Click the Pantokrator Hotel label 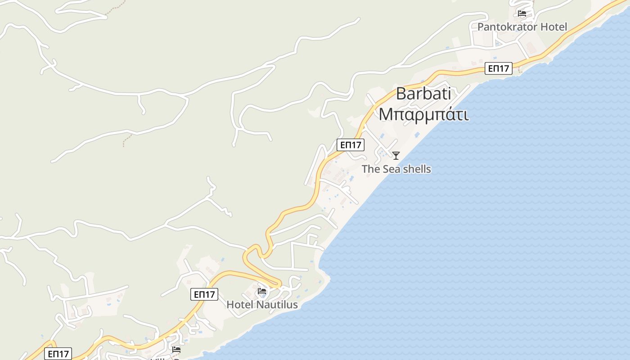[522, 27]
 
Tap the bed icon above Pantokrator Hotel [522, 13]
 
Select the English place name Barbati [423, 94]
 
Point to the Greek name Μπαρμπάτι [423, 114]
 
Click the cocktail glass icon [396, 156]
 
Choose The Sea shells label [396, 169]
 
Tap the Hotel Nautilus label [262, 305]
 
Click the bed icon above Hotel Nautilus [262, 291]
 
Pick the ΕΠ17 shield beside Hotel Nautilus [204, 294]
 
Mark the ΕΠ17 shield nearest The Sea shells [351, 145]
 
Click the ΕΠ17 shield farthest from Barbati [58, 354]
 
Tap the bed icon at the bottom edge [176, 349]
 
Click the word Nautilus [277, 305]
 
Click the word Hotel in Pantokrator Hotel [553, 27]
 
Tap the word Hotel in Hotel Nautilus [240, 305]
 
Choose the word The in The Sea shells [371, 169]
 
